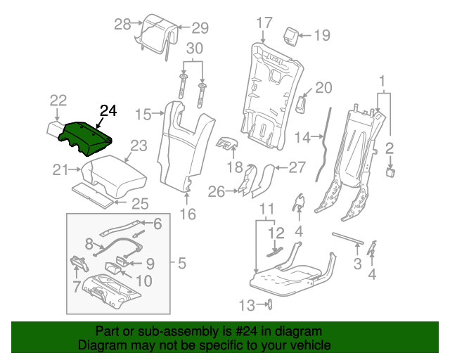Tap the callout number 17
(x=264, y=23)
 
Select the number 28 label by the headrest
(x=123, y=25)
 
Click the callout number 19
(x=321, y=34)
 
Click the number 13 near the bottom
(x=245, y=304)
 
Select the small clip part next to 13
(x=268, y=304)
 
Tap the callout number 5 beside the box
(x=181, y=264)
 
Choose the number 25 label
(x=141, y=204)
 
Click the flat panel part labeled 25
(x=91, y=194)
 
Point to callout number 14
(x=302, y=139)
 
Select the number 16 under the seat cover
(x=188, y=214)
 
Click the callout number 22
(x=58, y=101)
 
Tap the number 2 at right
(x=389, y=148)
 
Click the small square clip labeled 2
(x=390, y=170)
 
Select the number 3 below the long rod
(x=357, y=264)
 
